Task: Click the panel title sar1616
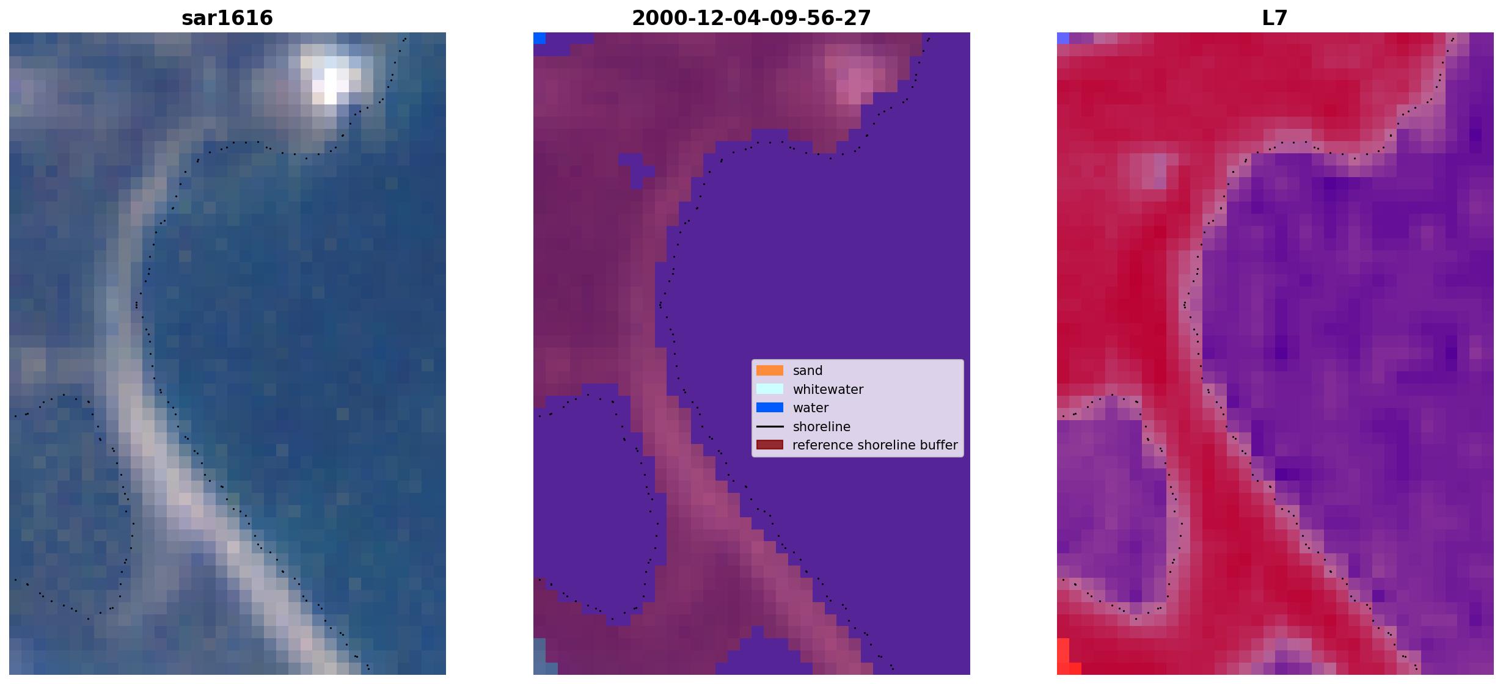click(x=227, y=18)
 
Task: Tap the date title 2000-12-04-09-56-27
click(x=751, y=18)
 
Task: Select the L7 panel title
click(x=1275, y=18)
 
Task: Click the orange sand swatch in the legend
click(x=770, y=370)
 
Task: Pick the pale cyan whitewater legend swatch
click(x=770, y=389)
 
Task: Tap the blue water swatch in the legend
click(x=770, y=407)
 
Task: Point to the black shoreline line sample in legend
click(x=770, y=426)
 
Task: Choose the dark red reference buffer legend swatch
click(x=770, y=445)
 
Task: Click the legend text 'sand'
click(x=808, y=371)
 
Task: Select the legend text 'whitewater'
click(x=828, y=390)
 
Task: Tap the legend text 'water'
click(x=811, y=408)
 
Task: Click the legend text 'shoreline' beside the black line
click(x=822, y=426)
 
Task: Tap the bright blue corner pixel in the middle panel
click(x=539, y=38)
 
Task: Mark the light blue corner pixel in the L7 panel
click(x=1063, y=38)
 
